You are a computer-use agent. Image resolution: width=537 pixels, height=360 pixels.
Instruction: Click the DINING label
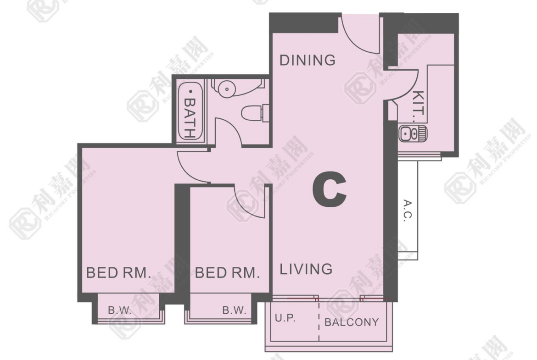(x=308, y=60)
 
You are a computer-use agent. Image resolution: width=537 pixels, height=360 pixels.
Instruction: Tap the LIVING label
(x=306, y=269)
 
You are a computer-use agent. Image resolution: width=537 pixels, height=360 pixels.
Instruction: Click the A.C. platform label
(x=408, y=210)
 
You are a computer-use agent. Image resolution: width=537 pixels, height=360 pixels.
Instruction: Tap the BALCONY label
(x=352, y=322)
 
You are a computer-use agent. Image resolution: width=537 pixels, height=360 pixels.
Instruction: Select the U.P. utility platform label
(x=285, y=318)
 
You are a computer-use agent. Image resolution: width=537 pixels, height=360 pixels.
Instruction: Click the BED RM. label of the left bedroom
(x=118, y=273)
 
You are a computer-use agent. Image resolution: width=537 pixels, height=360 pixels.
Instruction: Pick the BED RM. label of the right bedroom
(x=227, y=273)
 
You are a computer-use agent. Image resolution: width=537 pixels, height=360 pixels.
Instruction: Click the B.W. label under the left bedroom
(x=120, y=310)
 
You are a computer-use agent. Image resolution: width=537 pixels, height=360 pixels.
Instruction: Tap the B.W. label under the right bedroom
(x=234, y=310)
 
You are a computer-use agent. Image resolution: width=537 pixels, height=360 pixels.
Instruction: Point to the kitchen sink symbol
(x=413, y=133)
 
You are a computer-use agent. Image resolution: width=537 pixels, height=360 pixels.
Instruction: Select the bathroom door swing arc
(x=234, y=126)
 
